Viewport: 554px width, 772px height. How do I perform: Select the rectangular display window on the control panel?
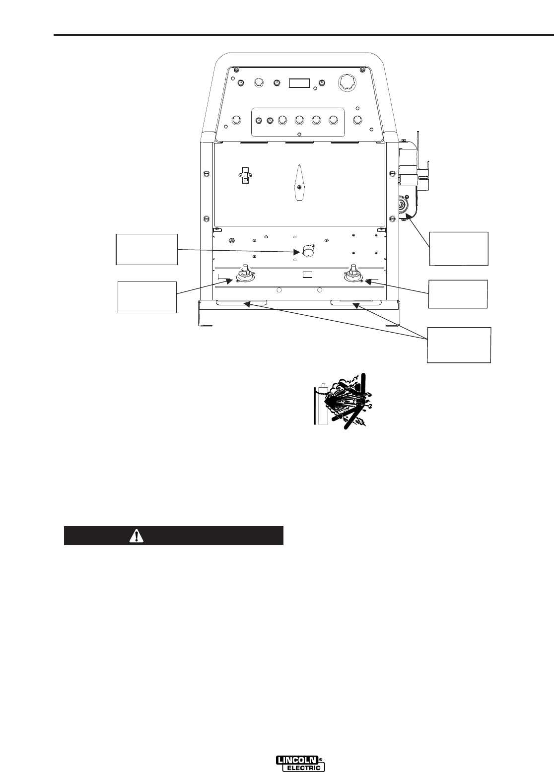tap(300, 83)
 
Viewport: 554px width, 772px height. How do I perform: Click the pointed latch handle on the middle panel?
tap(299, 183)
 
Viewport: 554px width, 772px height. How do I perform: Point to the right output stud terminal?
tap(353, 275)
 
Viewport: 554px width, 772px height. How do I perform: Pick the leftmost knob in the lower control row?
tap(237, 120)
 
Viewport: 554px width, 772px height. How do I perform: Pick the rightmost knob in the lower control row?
tap(357, 120)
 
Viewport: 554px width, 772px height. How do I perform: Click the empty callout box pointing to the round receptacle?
tap(146, 249)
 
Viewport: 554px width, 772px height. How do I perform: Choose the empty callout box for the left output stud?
tap(147, 297)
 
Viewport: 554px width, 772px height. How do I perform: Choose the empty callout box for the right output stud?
tap(458, 294)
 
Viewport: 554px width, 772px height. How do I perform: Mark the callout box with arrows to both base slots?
tap(460, 345)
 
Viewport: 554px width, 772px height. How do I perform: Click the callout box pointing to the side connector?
tap(459, 248)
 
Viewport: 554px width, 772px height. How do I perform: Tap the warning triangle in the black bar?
tap(136, 536)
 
